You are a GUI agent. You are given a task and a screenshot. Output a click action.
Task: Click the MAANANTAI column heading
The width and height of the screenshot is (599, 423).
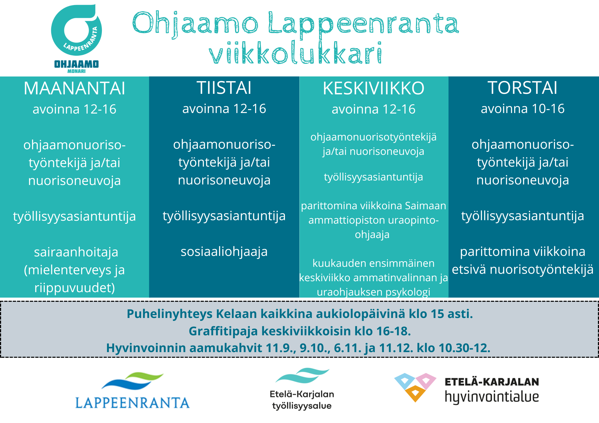click(x=74, y=88)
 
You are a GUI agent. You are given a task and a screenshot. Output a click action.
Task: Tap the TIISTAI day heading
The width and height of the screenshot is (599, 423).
click(x=224, y=88)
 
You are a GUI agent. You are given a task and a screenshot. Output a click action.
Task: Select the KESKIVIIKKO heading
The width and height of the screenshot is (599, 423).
click(x=374, y=88)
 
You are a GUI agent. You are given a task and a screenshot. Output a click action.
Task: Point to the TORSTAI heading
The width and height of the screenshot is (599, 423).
click(x=523, y=88)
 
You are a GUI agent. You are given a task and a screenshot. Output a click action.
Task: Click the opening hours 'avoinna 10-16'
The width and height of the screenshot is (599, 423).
click(x=523, y=109)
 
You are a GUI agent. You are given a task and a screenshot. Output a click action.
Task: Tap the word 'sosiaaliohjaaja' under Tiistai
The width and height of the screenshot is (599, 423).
click(x=224, y=252)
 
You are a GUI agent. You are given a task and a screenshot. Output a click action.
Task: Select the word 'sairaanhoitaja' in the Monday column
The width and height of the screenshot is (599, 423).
click(x=76, y=252)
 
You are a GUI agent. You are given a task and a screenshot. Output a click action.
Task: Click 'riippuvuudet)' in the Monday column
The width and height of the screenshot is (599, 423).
click(x=75, y=288)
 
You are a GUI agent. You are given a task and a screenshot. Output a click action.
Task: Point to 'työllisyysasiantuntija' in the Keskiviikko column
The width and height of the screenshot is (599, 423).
click(x=374, y=177)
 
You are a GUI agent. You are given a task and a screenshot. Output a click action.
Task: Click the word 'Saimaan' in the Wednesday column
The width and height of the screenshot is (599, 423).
click(x=426, y=206)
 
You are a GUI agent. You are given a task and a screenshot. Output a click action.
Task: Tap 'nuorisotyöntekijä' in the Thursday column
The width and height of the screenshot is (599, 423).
click(x=542, y=269)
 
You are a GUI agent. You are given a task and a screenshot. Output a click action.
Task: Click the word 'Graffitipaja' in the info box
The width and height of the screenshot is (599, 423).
click(x=223, y=331)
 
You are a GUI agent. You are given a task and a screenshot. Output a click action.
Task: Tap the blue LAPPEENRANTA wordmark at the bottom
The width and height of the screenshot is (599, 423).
click(x=132, y=403)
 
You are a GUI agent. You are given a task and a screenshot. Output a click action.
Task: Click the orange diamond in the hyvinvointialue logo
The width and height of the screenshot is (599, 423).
click(x=415, y=393)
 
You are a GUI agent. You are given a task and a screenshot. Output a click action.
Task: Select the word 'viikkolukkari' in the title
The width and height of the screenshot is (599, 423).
click(x=296, y=53)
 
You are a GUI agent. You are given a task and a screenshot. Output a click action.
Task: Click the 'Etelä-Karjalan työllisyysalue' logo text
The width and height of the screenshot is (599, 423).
click(x=302, y=400)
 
